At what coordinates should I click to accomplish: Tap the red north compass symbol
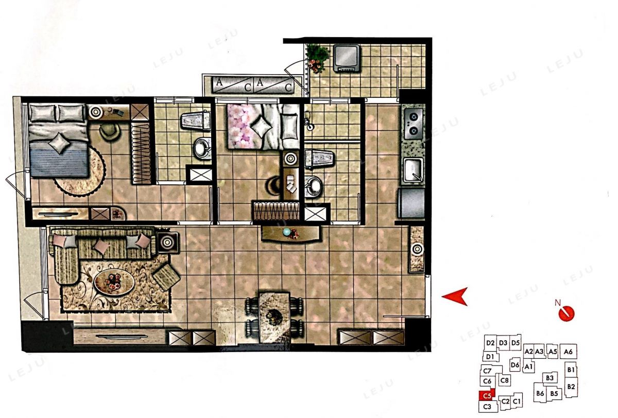click(x=566, y=313)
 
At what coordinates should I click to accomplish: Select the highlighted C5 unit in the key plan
click(x=487, y=396)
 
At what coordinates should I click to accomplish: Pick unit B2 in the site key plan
click(x=571, y=387)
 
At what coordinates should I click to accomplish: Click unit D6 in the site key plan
click(x=515, y=365)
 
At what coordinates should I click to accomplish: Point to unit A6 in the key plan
click(x=568, y=352)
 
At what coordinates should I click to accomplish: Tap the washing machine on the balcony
click(x=347, y=58)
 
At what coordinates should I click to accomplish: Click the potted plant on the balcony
click(x=318, y=58)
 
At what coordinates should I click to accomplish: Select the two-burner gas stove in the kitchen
click(x=413, y=123)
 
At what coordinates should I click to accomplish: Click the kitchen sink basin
click(x=413, y=169)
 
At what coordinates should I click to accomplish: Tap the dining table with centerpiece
click(x=274, y=318)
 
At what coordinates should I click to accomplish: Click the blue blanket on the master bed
click(x=59, y=160)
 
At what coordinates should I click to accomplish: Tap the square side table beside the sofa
click(x=167, y=242)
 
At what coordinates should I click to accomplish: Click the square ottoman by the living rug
click(x=166, y=277)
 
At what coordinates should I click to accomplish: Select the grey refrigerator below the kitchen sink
click(x=411, y=203)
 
